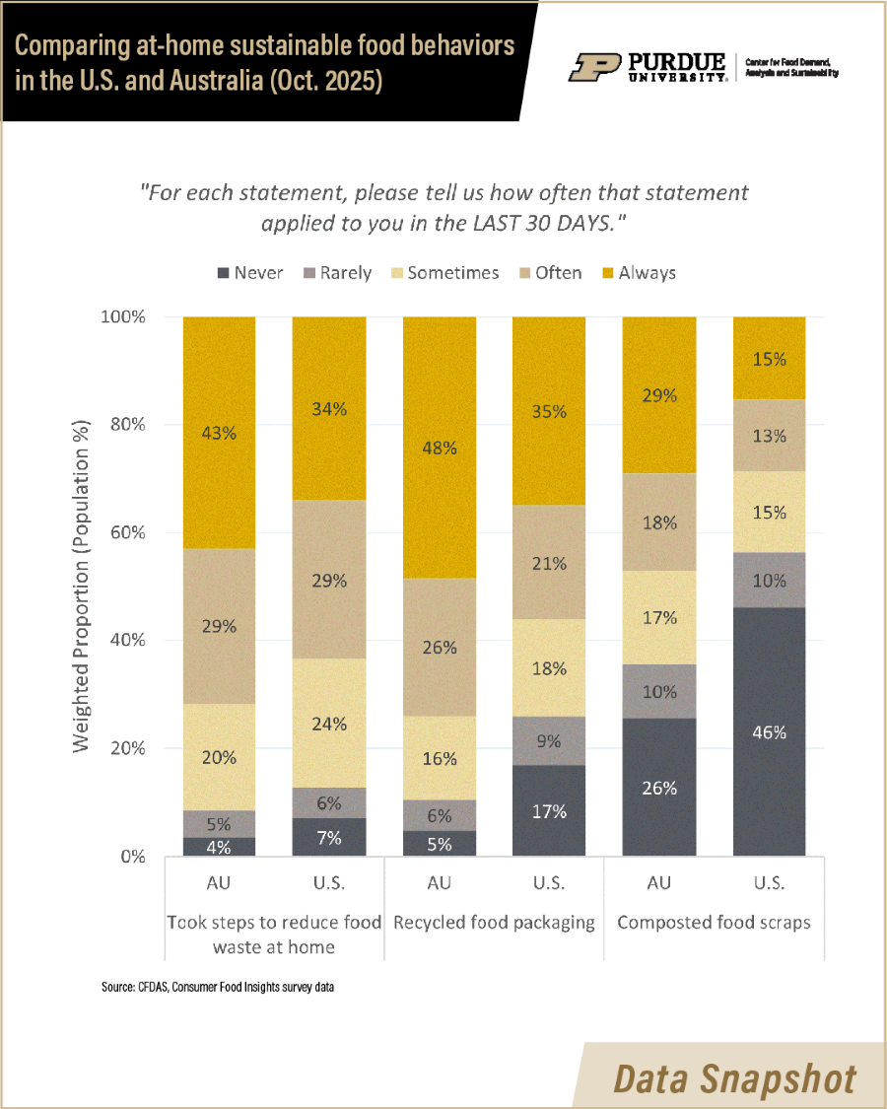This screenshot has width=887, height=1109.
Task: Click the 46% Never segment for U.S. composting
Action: point(769,731)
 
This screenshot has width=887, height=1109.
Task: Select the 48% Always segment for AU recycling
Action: point(439,447)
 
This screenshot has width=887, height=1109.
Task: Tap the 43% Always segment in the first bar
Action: point(219,432)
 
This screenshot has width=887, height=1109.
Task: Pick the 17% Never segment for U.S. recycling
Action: point(549,810)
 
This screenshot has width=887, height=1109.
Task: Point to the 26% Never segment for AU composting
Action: point(658,787)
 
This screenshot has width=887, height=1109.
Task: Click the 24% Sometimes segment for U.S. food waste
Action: point(328,723)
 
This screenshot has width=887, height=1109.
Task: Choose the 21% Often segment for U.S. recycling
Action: point(549,563)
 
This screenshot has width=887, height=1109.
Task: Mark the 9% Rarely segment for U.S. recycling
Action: point(549,741)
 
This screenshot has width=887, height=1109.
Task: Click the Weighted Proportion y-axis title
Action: point(82,587)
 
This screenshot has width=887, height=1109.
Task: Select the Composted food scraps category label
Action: point(714,923)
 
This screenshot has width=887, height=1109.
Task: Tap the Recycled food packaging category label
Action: point(494,923)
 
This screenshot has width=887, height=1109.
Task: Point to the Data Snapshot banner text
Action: point(734,1077)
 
